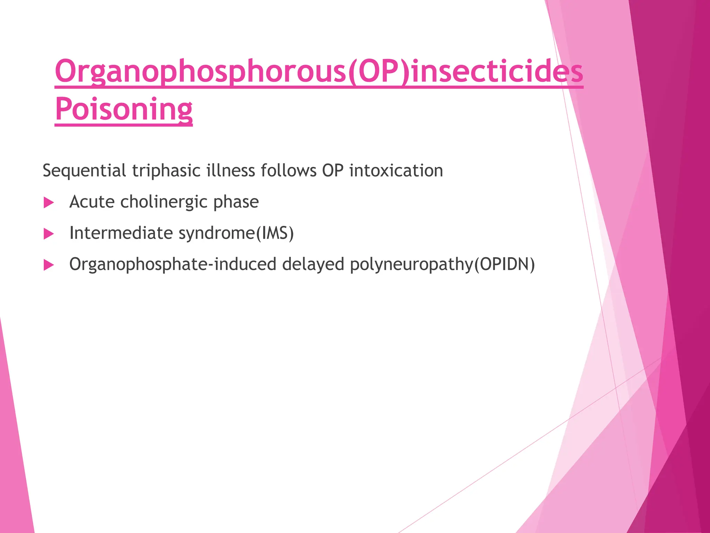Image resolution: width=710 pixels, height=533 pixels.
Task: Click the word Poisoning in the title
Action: [124, 109]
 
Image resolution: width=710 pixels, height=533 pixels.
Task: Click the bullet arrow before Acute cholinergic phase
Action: [49, 203]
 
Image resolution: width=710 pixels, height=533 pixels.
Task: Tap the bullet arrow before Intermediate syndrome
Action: [49, 234]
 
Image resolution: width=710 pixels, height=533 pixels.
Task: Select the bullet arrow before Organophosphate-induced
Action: [49, 265]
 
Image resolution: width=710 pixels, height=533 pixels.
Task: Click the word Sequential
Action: [84, 171]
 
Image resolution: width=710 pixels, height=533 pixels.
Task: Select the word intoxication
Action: [396, 171]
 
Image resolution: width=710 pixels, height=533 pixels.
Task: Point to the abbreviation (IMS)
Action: [275, 233]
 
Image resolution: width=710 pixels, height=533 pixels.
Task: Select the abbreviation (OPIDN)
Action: [504, 264]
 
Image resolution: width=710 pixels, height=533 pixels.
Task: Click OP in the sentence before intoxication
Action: [333, 171]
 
